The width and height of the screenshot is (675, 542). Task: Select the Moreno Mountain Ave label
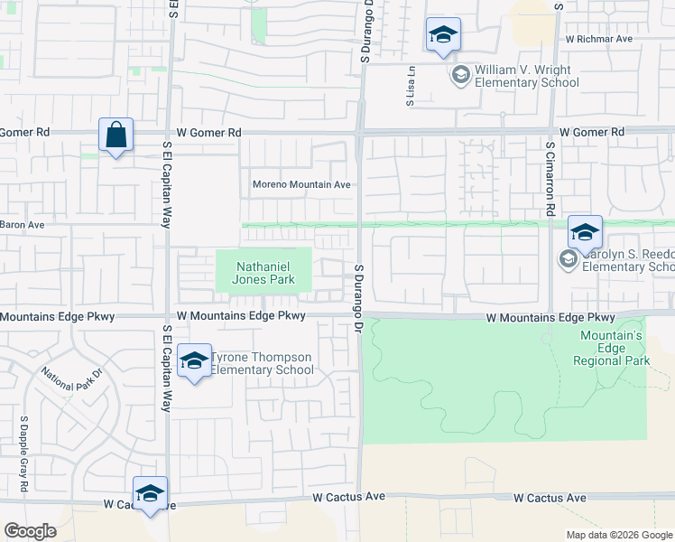point(301,184)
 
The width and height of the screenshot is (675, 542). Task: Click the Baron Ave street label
point(22,224)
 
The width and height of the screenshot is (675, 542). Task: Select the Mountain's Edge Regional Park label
point(611,348)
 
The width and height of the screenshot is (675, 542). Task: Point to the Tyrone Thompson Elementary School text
point(263,363)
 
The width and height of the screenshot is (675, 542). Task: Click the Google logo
point(30,531)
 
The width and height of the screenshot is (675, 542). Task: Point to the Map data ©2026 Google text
point(618,535)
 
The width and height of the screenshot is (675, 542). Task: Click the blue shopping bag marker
point(116,135)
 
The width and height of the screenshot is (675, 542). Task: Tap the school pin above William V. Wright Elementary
point(443,35)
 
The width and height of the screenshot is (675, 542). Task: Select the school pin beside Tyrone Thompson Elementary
point(194,362)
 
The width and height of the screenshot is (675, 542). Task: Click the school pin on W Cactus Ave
point(151,493)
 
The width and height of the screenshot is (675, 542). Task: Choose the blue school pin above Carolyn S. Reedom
point(585,232)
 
